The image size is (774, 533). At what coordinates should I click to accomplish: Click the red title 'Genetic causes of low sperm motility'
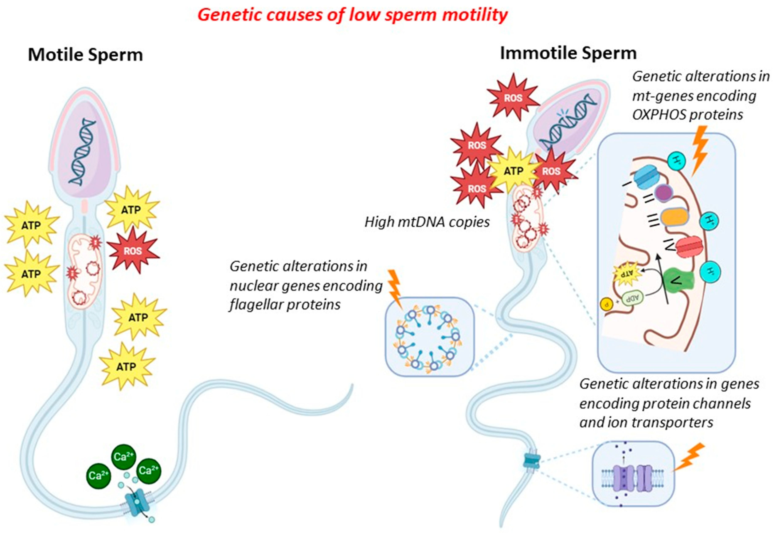[x=352, y=15]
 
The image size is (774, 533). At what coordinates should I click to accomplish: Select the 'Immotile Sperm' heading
[x=568, y=54]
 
